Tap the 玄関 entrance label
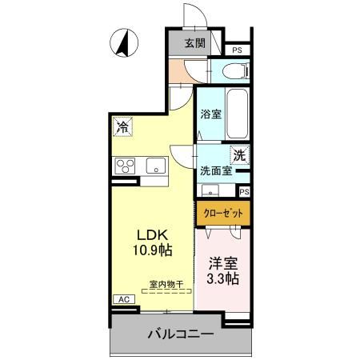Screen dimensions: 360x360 194,43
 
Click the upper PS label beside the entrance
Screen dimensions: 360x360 237,50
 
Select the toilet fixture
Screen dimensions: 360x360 234,72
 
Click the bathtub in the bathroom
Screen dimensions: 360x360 237,114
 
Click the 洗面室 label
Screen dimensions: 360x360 216,170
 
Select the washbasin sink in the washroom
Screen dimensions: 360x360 210,190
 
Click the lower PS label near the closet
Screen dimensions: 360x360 244,191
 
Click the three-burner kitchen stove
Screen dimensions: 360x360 126,166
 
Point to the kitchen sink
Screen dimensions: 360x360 155,166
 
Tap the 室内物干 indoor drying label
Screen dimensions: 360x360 166,283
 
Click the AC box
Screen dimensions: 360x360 123,299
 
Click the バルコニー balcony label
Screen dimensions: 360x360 179,334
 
